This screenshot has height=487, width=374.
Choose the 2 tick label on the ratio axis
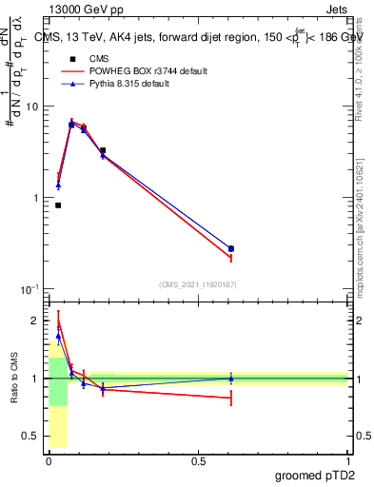pos(36,321)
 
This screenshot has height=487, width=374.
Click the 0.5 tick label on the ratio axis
pos(31,437)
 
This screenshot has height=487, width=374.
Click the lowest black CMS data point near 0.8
pos(58,205)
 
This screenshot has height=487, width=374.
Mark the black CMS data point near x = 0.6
pos(231,249)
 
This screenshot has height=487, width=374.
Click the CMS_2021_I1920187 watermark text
pos(197,284)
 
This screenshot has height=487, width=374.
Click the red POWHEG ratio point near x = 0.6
pos(231,399)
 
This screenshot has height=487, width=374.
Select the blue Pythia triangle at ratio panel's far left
pos(58,336)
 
